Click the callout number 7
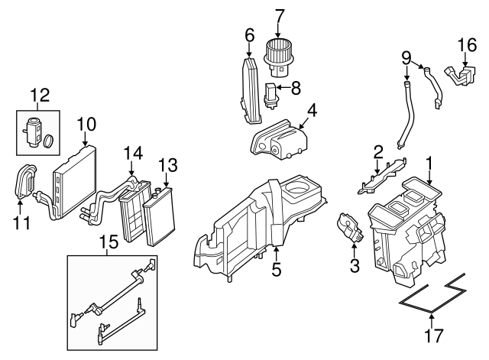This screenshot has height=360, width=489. pyautogui.click(x=280, y=15)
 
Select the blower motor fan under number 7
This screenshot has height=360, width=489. pyautogui.click(x=280, y=54)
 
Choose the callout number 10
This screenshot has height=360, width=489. pyautogui.click(x=86, y=122)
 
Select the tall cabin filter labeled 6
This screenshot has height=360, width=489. pyautogui.click(x=250, y=88)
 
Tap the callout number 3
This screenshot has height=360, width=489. pyautogui.click(x=354, y=265)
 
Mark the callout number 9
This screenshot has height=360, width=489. pyautogui.click(x=407, y=56)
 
